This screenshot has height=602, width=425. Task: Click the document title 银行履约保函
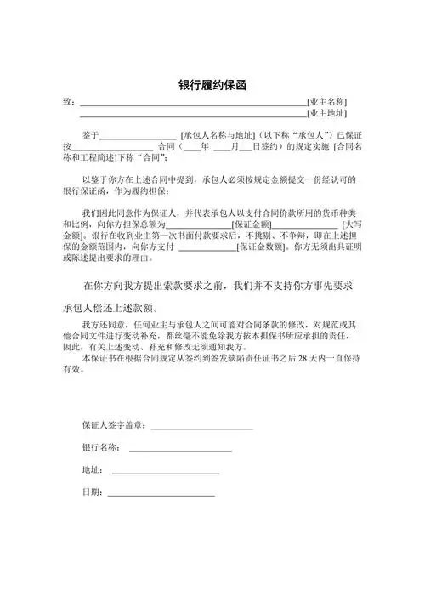pos(212,86)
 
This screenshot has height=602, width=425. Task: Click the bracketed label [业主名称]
pos(327,101)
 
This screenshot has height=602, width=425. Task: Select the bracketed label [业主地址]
pos(327,112)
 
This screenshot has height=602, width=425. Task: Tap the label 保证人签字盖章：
pos(115,424)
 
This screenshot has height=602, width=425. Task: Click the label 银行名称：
pos(99,447)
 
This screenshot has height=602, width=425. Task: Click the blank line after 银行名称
pos(179,450)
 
